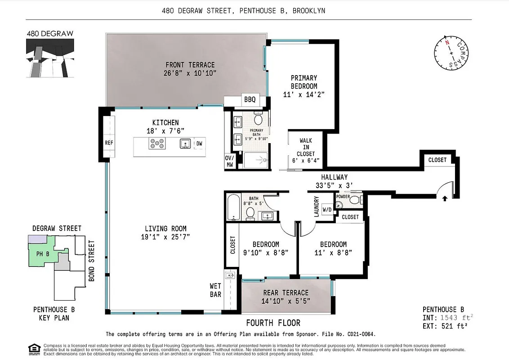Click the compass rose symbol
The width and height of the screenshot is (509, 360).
tap(451, 52)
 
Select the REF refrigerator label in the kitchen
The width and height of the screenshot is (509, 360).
tap(109, 143)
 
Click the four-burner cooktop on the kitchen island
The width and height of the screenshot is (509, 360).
tap(157, 144)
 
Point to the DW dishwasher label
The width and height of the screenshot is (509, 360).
tap(199, 144)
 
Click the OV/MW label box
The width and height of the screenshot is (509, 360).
tap(229, 161)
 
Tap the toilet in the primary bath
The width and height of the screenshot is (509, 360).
tap(258, 119)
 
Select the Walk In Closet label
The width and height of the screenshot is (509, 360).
tap(306, 148)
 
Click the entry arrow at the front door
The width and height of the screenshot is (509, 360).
tap(445, 198)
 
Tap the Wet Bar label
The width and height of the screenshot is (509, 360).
tap(215, 290)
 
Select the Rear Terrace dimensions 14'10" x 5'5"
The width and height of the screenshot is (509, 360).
tap(286, 301)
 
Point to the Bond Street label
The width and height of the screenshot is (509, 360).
tap(92, 261)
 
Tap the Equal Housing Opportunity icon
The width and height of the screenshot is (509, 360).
tap(33, 348)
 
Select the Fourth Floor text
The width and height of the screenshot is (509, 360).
tap(273, 323)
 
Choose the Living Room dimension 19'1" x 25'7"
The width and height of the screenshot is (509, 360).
tap(165, 237)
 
